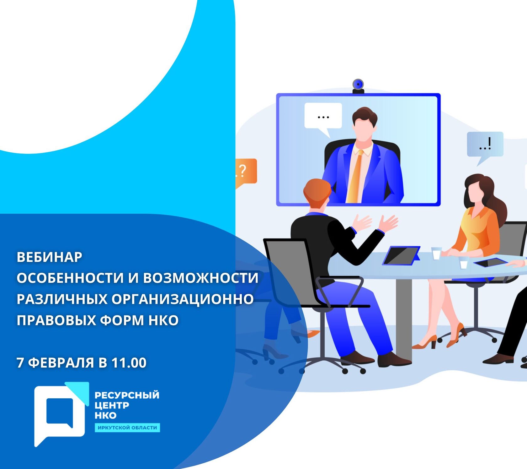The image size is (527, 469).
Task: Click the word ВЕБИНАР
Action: pos(49,257)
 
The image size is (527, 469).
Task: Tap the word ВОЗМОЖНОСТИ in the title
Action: pos(201,278)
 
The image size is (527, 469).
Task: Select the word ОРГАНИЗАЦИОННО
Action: pos(183,299)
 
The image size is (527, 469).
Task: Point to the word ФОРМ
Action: pos(122,320)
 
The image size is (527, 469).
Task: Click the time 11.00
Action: pos(129,363)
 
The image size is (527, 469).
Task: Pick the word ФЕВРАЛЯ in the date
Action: pos(61,363)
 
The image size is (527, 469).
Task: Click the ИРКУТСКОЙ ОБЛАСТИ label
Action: pos(127,428)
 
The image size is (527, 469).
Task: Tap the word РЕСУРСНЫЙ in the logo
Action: pos(127,395)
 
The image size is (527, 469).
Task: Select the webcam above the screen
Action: pos(358,86)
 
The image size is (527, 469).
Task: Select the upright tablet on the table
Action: pos(402,255)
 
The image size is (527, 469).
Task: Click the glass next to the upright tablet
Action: pos(436,253)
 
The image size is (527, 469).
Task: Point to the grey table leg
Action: pos(403,317)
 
